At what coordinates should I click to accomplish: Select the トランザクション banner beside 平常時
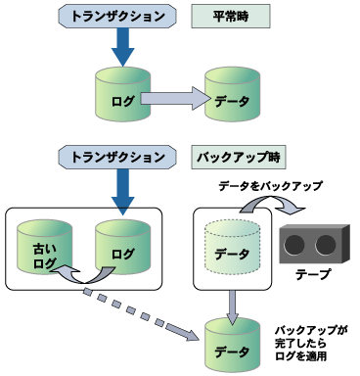coord(116,17)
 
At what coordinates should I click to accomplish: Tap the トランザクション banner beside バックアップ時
coord(116,156)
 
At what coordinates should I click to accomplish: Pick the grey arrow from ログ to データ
coord(176,98)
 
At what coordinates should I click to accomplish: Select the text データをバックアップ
coord(269,184)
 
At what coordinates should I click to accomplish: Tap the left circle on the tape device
coord(298,243)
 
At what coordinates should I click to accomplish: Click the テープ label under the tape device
coord(312,275)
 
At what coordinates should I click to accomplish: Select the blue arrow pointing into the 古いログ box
coord(122,191)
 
